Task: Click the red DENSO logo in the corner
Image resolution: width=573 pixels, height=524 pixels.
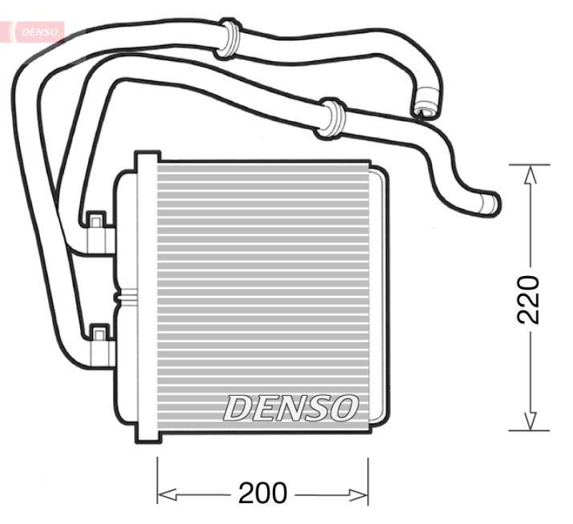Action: (x=39, y=32)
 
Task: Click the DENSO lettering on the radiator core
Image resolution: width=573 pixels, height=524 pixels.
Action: (x=291, y=407)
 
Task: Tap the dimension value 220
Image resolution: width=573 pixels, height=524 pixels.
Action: (x=529, y=300)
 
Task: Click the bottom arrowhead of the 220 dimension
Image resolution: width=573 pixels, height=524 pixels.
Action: (x=530, y=421)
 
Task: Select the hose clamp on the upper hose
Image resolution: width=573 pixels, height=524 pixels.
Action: (x=227, y=39)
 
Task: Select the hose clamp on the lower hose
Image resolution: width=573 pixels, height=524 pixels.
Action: (x=330, y=118)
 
